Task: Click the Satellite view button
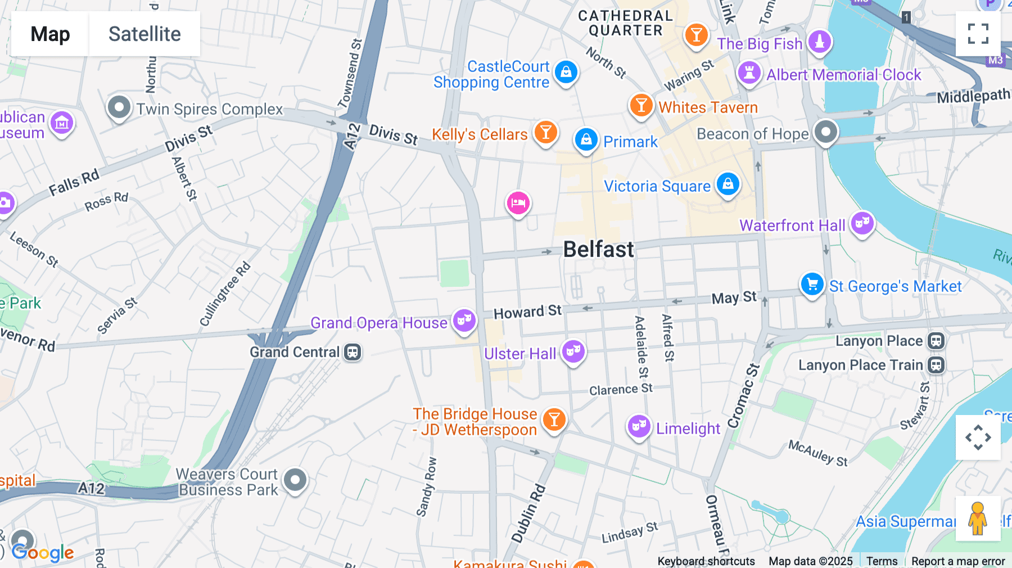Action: coord(144,34)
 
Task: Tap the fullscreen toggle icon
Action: coord(978,34)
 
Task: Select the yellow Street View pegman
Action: coord(978,519)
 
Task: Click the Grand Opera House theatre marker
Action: coord(464,321)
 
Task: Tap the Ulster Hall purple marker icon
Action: coord(573,352)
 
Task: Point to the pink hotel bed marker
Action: coord(518,203)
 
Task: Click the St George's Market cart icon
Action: coord(812,285)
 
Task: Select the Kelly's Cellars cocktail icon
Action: coord(545,133)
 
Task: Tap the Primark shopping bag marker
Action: coord(586,139)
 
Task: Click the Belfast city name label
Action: coord(598,249)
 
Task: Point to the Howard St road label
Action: coord(527,312)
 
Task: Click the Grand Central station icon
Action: coord(353,352)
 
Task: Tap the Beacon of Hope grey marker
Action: coord(825,133)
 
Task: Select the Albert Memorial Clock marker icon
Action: coord(749,73)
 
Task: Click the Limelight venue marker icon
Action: coord(639,427)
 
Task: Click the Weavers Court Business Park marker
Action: coord(295,480)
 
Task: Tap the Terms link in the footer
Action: coord(882,561)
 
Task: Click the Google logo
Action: coord(43,552)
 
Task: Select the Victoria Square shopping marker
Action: coord(728,184)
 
